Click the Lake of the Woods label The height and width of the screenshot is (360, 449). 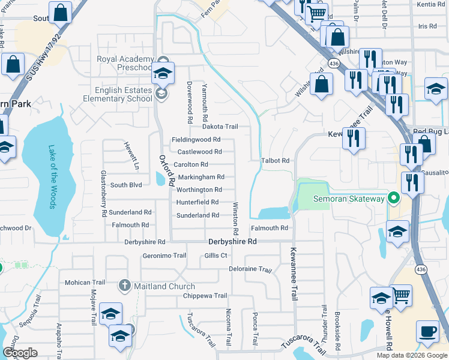[x=52, y=178]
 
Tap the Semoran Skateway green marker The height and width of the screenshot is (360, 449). [x=394, y=197]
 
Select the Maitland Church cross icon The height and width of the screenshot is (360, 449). [x=125, y=286]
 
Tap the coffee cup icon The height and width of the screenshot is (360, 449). [x=427, y=332]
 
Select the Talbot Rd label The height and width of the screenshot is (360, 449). [x=276, y=161]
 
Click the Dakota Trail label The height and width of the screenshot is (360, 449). [x=220, y=127]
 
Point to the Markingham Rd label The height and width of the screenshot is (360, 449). [x=200, y=177]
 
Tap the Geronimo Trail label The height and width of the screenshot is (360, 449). [x=164, y=255]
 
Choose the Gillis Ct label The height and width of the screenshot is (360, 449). [x=215, y=255]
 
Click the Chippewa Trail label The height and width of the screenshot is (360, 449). [x=205, y=296]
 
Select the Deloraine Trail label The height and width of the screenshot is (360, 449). [x=250, y=269]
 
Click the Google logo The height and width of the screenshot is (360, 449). [x=20, y=353]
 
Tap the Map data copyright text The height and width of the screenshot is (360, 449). [x=412, y=355]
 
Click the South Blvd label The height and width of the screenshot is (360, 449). [x=125, y=185]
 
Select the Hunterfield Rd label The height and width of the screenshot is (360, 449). [x=197, y=202]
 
